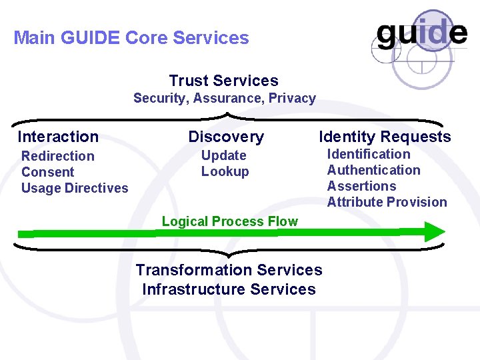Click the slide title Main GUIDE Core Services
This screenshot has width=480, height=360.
click(x=131, y=38)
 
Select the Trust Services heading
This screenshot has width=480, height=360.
click(x=223, y=81)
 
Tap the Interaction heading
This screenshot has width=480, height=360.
click(x=58, y=137)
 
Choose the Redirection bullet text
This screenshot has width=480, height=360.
click(x=58, y=156)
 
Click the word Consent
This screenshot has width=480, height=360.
click(x=47, y=172)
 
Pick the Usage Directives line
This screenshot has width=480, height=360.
click(x=75, y=188)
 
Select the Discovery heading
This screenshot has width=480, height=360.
click(x=226, y=137)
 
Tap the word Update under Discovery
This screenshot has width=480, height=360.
click(x=224, y=155)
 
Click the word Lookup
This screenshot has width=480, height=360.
click(x=225, y=171)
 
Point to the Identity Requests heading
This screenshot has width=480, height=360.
click(x=385, y=137)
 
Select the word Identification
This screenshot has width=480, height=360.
click(x=369, y=154)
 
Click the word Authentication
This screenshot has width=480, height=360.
click(x=374, y=170)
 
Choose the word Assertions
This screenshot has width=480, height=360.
click(x=361, y=186)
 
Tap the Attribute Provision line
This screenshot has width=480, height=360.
click(x=387, y=202)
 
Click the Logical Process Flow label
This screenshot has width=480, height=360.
click(x=230, y=221)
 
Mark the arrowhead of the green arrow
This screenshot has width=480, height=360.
click(x=434, y=232)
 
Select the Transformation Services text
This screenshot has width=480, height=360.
click(x=229, y=270)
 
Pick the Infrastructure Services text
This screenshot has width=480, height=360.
click(x=229, y=289)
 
